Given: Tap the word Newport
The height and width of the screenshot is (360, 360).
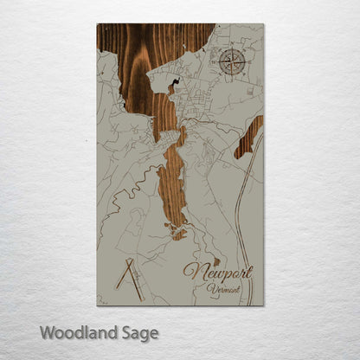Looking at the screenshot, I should coord(217,273).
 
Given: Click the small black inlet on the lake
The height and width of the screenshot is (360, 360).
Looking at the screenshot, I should coord(175,84).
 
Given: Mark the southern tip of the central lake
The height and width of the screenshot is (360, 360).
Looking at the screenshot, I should coord(177,235).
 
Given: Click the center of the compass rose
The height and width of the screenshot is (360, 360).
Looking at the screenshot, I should coord(232,61).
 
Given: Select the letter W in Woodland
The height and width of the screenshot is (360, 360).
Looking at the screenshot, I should coord(45,331).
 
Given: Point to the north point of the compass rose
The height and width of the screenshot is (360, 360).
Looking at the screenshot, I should coord(232,49).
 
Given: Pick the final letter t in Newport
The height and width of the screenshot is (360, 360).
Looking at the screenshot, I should coord(251,271).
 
